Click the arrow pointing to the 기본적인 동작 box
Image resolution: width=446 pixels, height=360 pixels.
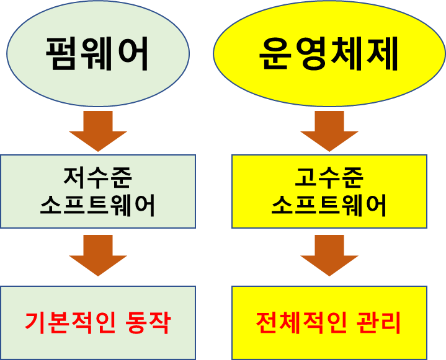tap(98, 255)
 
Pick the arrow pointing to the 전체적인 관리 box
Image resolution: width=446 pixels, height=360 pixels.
tap(329, 255)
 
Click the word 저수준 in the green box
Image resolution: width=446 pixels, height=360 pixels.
tap(98, 178)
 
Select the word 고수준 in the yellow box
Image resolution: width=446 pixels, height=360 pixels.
tap(329, 178)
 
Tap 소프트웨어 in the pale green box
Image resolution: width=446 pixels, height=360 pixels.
tap(98, 206)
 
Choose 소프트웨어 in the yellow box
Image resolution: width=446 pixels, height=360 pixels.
tap(329, 206)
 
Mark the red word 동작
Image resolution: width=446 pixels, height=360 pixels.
tap(147, 322)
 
